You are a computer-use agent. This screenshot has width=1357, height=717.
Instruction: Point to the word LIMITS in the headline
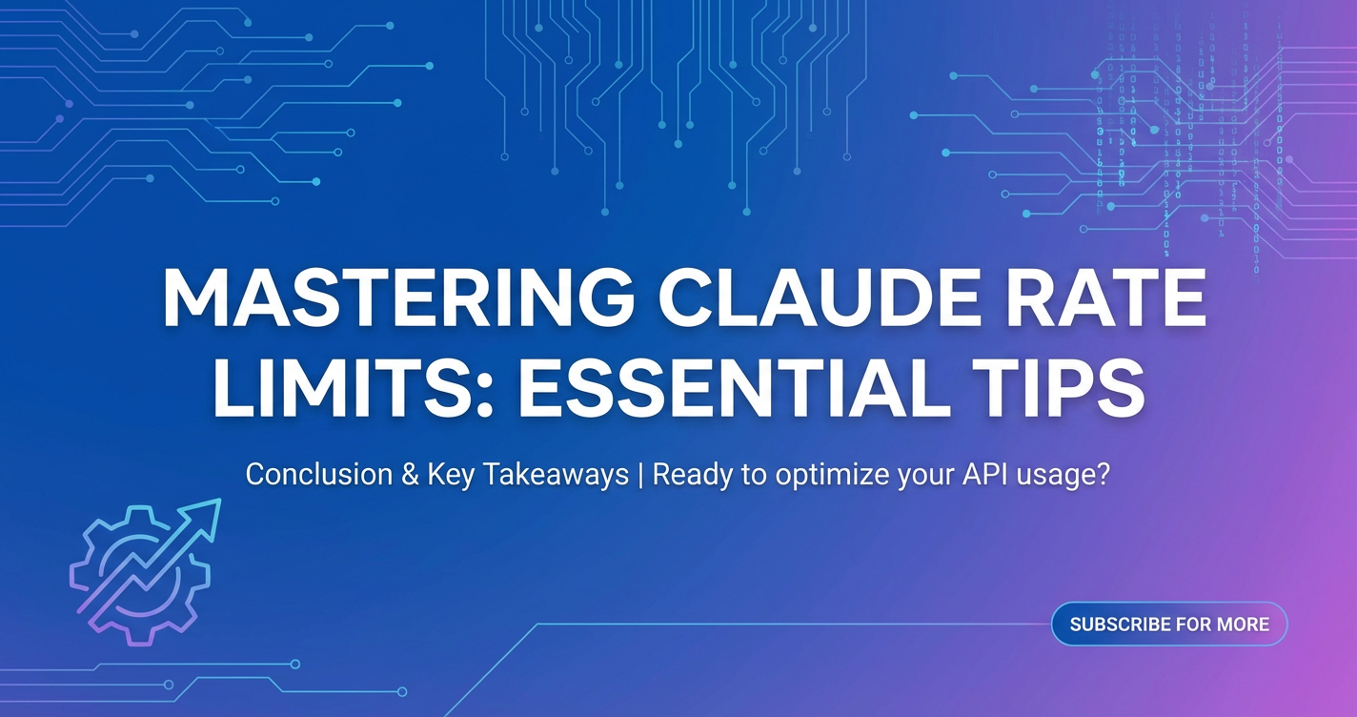339,386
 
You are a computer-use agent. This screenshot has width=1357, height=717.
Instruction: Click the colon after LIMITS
483,394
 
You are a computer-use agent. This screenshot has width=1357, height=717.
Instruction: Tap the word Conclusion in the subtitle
318,474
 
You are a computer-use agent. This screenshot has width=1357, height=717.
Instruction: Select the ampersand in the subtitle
410,475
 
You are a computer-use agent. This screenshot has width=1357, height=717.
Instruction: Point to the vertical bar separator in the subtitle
640,475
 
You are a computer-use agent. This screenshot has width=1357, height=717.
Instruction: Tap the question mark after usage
1103,475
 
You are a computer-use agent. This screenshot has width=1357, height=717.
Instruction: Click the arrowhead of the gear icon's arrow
207,517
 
